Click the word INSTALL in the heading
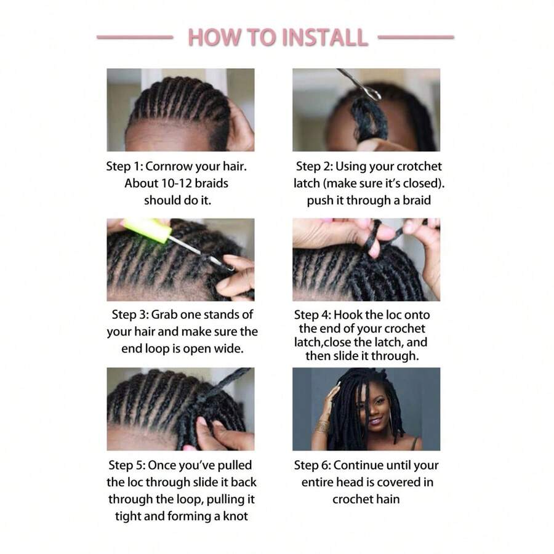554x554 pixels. pyautogui.click(x=324, y=38)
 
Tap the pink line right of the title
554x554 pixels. pyautogui.click(x=415, y=38)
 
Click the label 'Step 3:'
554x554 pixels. pyautogui.click(x=130, y=315)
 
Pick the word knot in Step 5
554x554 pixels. pyautogui.click(x=234, y=516)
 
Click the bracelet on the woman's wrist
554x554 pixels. pyautogui.click(x=323, y=425)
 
